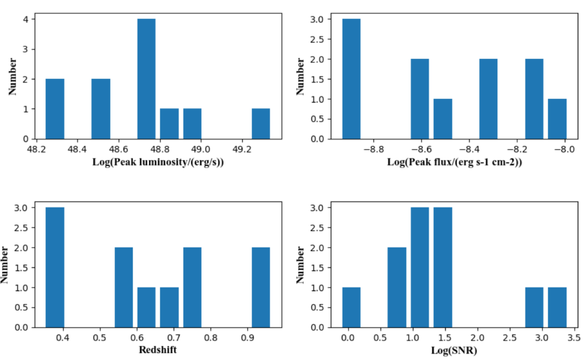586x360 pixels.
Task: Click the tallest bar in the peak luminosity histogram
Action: tap(146, 79)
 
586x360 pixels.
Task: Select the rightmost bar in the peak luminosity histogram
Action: tap(261, 124)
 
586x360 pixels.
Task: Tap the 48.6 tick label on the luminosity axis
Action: tap(118, 150)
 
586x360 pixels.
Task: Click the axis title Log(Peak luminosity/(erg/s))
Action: tap(158, 162)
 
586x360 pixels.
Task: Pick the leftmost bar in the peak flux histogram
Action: tap(351, 79)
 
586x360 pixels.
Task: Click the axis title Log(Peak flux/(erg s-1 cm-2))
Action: tap(454, 162)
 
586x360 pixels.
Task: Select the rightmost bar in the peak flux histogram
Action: tap(557, 119)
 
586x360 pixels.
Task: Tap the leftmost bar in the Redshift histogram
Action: tap(55, 267)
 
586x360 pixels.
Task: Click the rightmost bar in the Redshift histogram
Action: tap(261, 287)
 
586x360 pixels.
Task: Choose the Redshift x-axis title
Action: tap(158, 350)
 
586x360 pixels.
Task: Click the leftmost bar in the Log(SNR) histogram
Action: tap(351, 307)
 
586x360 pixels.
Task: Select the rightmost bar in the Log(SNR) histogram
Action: tap(557, 307)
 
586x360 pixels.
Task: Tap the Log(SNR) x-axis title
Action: tap(454, 350)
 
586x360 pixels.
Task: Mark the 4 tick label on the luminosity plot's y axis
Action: tap(26, 19)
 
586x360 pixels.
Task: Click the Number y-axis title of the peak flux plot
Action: tap(300, 76)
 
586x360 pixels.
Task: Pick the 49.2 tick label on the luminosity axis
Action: tap(242, 150)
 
